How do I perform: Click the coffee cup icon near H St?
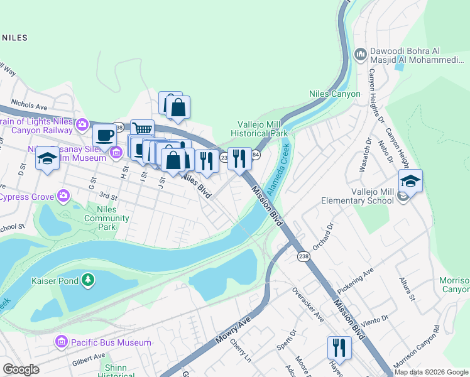104,134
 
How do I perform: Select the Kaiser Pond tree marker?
89,280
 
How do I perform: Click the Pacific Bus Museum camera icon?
62,342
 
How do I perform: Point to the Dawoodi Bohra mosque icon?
361,55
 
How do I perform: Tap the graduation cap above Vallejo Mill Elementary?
410,181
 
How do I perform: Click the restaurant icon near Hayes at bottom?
339,347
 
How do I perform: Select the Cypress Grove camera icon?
63,197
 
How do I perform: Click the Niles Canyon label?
335,94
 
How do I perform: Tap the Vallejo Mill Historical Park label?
259,129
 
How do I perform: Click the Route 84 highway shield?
256,154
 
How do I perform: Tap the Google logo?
21,369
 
